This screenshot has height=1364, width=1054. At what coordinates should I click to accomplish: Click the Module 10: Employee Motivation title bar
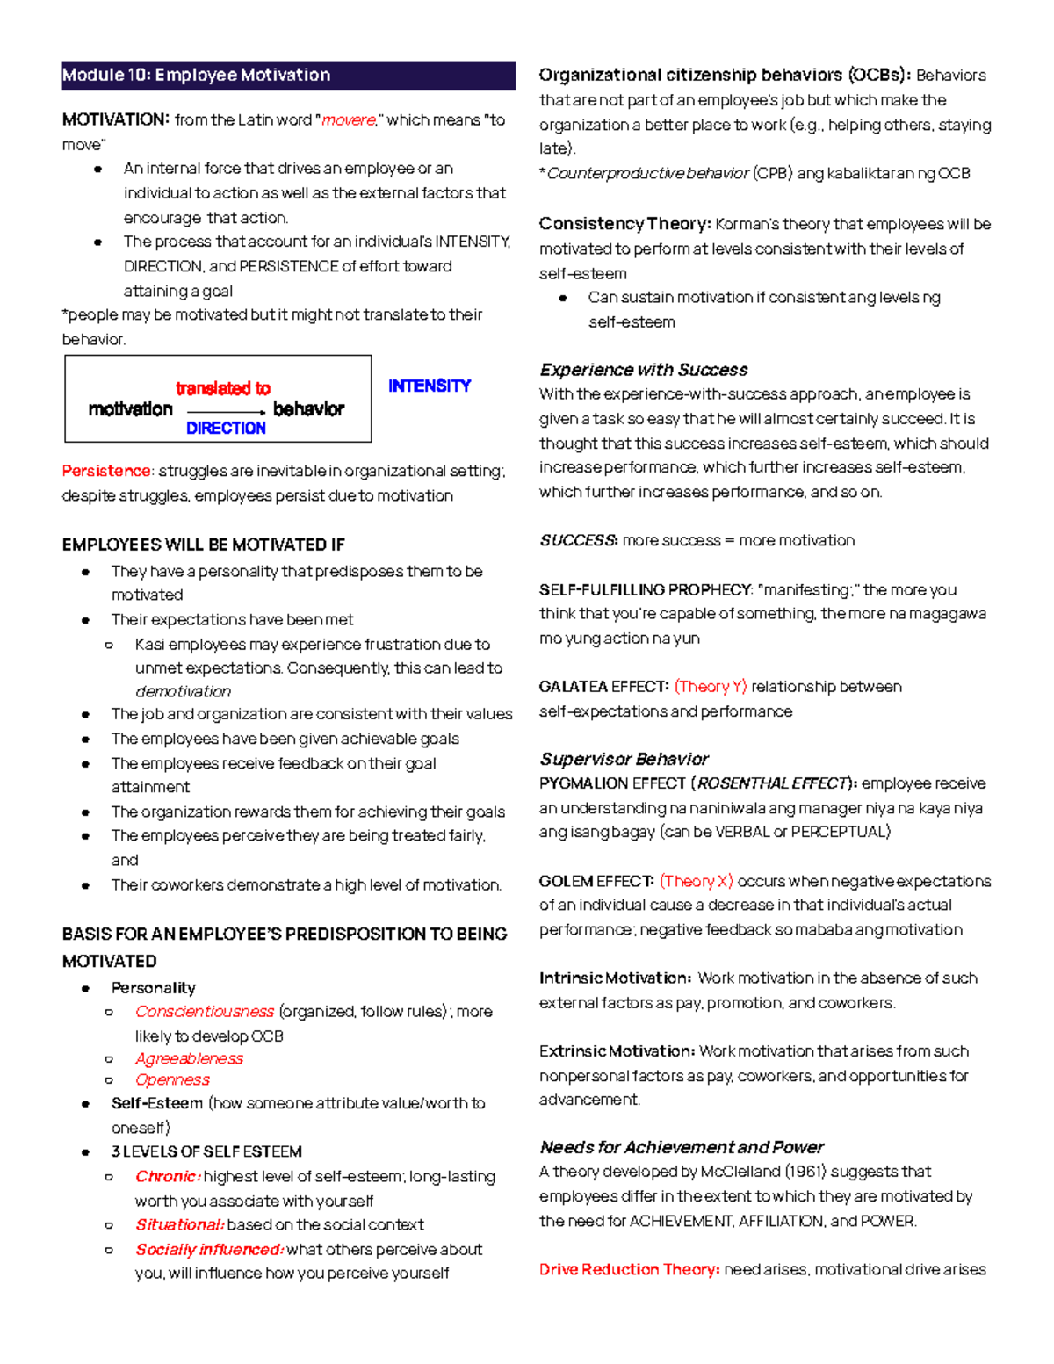pos(288,76)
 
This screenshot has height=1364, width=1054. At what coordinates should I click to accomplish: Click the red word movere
pos(349,120)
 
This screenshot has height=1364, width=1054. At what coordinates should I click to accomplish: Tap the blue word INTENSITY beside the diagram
pos(430,386)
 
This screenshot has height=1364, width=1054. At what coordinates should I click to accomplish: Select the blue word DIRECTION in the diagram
pos(226,429)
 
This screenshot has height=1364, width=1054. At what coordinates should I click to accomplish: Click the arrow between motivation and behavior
pos(226,411)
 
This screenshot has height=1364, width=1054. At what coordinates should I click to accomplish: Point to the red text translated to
pos(223,389)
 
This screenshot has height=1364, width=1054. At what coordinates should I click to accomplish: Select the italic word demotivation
pos(183,692)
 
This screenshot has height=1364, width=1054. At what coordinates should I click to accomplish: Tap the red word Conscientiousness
pos(205,1012)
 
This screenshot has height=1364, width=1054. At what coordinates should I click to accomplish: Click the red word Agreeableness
pos(189,1059)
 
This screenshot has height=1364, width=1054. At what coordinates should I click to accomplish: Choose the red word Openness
pos(172,1080)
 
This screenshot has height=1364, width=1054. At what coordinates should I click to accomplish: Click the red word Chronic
pos(167,1177)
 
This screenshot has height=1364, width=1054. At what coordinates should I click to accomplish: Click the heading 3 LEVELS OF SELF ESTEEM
pos(206,1152)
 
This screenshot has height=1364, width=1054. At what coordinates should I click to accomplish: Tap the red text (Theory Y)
pos(710,687)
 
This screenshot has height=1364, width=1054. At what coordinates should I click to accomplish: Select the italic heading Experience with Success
pos(644,370)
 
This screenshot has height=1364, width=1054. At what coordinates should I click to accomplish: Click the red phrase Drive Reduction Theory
pos(629,1270)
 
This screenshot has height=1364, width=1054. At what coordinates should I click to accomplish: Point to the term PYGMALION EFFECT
pos(612,783)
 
